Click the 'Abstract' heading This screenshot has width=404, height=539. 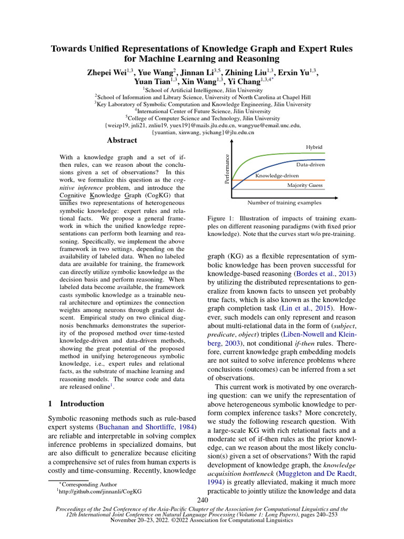click(x=122, y=141)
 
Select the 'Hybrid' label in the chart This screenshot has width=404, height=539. click(x=314, y=147)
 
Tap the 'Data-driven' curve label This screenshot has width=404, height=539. click(x=310, y=165)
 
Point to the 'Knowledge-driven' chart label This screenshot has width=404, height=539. click(x=277, y=175)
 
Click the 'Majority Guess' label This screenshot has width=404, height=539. click(x=305, y=185)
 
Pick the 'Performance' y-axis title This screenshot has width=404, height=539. click(x=227, y=169)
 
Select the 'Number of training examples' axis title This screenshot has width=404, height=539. click(x=284, y=202)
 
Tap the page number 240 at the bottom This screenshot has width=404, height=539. click(x=202, y=499)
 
